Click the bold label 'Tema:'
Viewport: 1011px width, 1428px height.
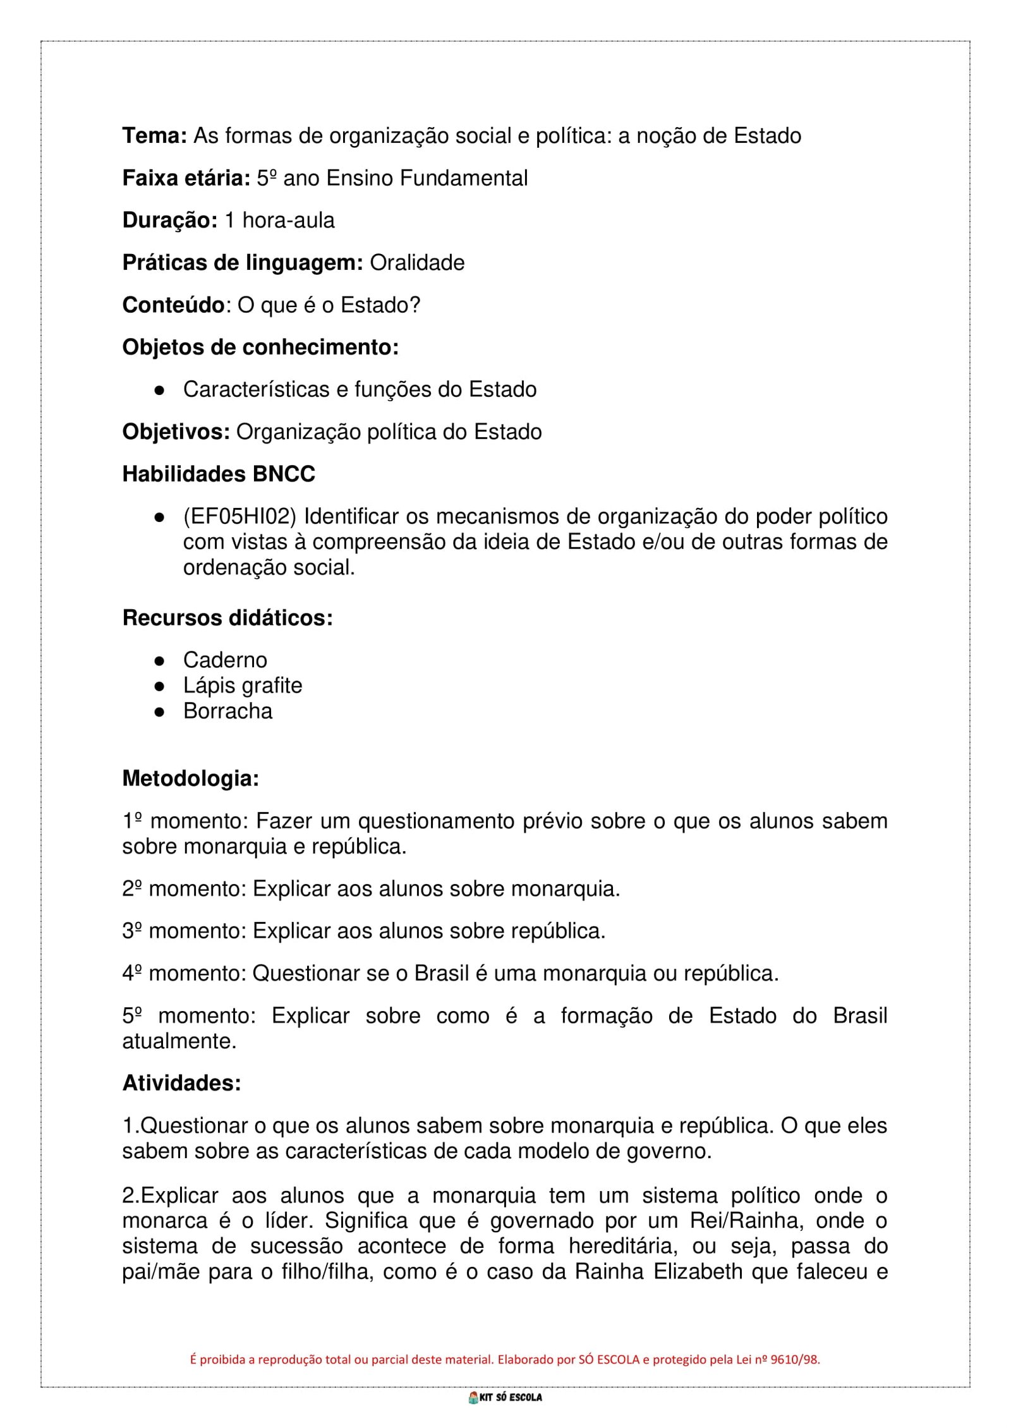click(154, 136)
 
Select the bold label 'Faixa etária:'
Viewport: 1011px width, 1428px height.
click(186, 178)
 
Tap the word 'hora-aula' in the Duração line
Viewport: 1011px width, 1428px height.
click(288, 221)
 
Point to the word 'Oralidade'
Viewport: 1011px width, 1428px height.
click(417, 263)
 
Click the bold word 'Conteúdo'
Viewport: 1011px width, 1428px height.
click(173, 305)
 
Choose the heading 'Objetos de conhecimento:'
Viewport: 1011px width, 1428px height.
click(260, 348)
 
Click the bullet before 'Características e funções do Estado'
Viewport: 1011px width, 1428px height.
click(160, 390)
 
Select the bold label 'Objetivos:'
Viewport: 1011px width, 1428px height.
click(176, 432)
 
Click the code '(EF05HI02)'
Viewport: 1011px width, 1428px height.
click(239, 517)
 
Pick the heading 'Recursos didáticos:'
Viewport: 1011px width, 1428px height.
click(227, 618)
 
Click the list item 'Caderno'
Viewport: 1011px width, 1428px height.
click(225, 660)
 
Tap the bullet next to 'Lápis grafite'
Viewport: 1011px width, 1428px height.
click(160, 686)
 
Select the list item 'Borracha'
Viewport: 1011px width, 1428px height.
click(227, 711)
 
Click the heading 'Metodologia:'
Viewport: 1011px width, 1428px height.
click(190, 778)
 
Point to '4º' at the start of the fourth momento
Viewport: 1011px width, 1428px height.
click(132, 974)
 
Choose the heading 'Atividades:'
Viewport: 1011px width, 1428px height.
click(181, 1084)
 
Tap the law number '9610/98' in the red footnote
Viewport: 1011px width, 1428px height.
click(794, 1360)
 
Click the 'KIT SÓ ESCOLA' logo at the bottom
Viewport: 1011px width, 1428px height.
click(505, 1398)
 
